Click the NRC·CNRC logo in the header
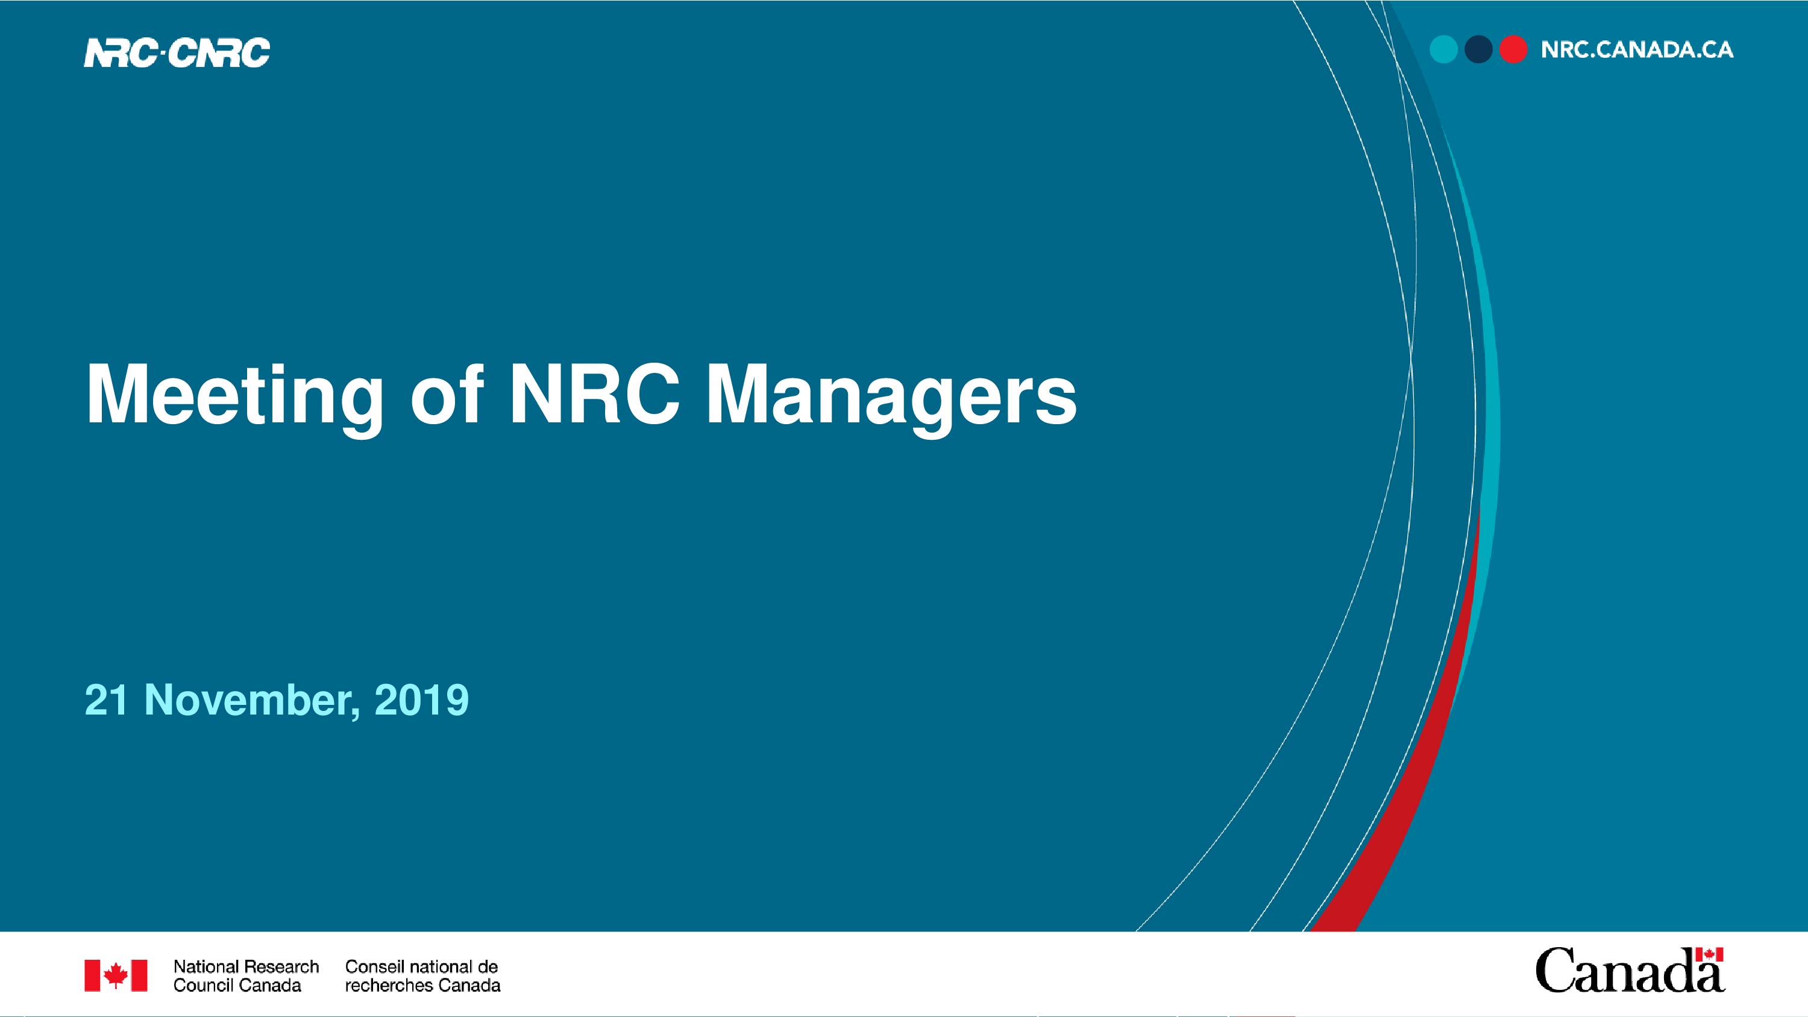[177, 52]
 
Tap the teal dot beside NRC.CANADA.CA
[1444, 49]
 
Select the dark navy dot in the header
[1478, 49]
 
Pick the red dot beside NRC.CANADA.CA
[1513, 49]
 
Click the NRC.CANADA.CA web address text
[1637, 50]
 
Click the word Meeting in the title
[234, 396]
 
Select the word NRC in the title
[594, 394]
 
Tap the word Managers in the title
[891, 396]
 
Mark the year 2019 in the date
[422, 699]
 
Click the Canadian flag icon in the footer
[116, 975]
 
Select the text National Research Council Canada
[246, 975]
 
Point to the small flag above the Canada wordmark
[1709, 955]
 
